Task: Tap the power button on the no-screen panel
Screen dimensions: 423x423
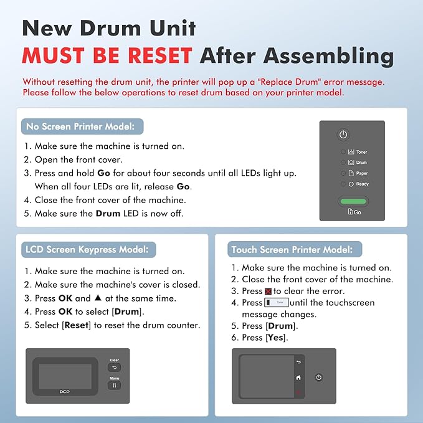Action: pyautogui.click(x=343, y=135)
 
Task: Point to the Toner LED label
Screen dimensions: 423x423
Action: pyautogui.click(x=361, y=152)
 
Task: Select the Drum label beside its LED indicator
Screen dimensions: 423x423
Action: pyautogui.click(x=361, y=163)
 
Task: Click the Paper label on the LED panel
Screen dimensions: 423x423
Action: pyautogui.click(x=361, y=173)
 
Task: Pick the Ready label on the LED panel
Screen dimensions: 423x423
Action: pyautogui.click(x=362, y=184)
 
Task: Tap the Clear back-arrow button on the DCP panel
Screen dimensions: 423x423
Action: pyautogui.click(x=114, y=368)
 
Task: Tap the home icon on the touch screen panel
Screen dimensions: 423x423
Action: pyautogui.click(x=298, y=378)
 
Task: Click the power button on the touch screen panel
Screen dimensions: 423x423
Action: pyautogui.click(x=319, y=378)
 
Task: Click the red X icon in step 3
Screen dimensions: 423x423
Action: pyautogui.click(x=269, y=291)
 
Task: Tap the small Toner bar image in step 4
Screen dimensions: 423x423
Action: pyautogui.click(x=276, y=302)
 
